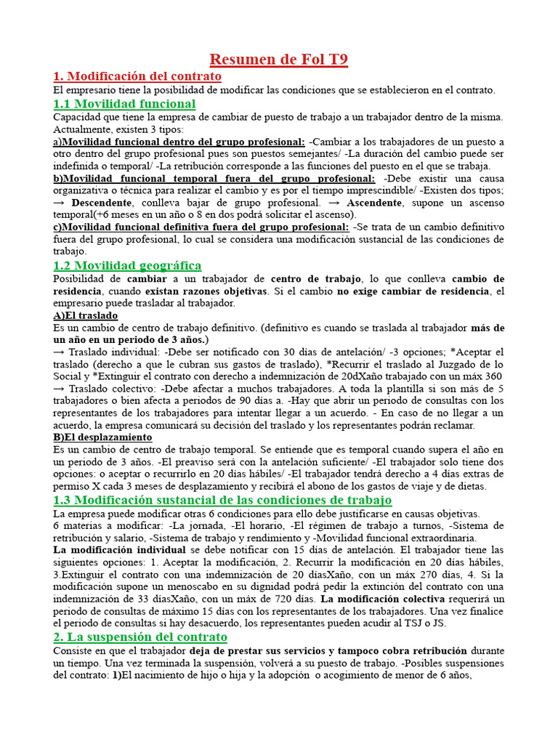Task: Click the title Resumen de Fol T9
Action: tap(279, 60)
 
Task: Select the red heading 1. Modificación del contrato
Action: tap(137, 76)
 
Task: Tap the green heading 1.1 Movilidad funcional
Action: tap(124, 104)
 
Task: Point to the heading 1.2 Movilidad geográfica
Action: tap(127, 266)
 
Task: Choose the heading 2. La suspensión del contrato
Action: tap(140, 637)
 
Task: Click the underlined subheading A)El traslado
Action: tap(86, 316)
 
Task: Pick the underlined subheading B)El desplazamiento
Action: tap(102, 437)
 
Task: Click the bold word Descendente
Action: tap(102, 203)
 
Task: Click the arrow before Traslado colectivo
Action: tap(59, 389)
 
